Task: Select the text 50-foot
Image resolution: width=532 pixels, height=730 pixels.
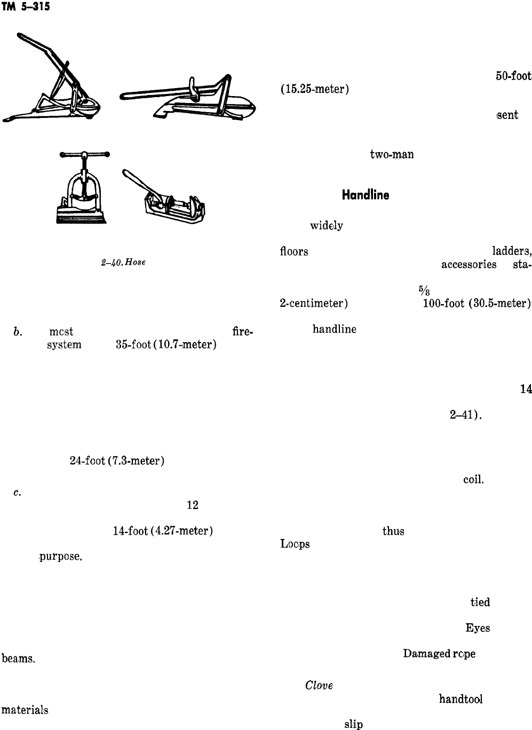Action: (x=513, y=76)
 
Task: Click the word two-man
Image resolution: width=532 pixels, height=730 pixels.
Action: (x=392, y=155)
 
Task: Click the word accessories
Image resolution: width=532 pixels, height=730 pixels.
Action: (x=469, y=265)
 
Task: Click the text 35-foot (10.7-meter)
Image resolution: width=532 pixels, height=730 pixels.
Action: (x=165, y=345)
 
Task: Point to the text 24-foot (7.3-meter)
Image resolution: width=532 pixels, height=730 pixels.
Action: (x=115, y=461)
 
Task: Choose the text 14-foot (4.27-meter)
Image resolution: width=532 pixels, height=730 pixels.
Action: (x=163, y=531)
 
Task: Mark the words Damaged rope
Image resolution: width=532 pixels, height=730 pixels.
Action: (x=439, y=654)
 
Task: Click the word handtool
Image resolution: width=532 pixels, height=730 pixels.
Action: (x=460, y=699)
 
